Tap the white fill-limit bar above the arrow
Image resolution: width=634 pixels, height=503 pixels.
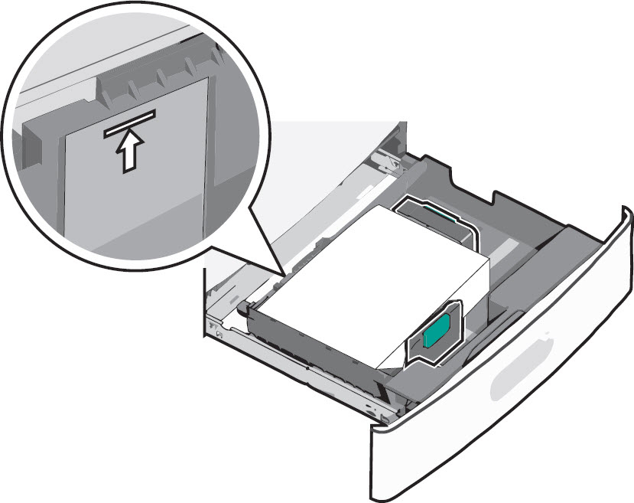click(130, 122)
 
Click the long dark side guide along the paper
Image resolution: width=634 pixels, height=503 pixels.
click(306, 337)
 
